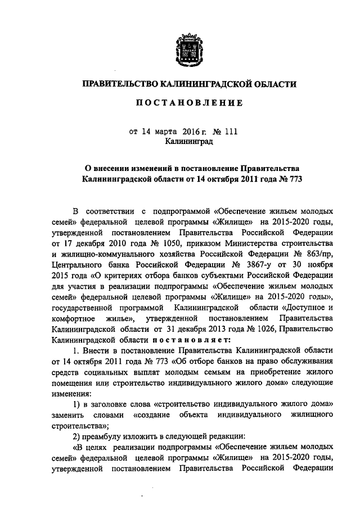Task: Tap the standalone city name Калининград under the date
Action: (x=188, y=142)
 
